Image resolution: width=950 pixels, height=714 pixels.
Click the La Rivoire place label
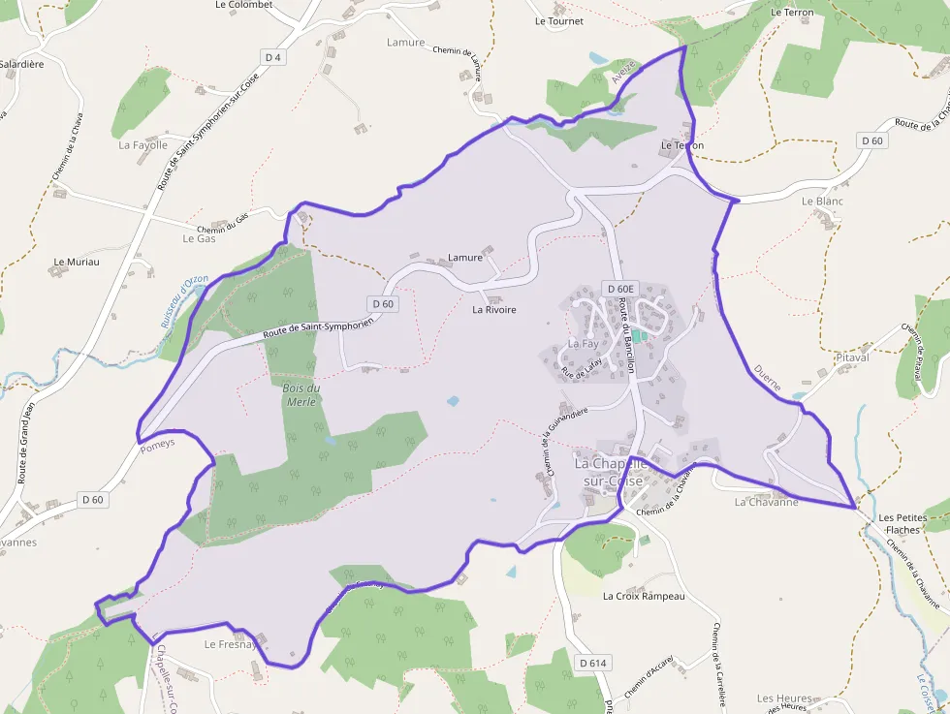pyautogui.click(x=494, y=310)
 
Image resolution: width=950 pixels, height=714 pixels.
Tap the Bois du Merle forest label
pyautogui.click(x=301, y=394)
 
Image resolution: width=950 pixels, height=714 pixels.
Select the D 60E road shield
pyautogui.click(x=618, y=289)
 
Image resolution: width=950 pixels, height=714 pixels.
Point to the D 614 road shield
pyautogui.click(x=592, y=663)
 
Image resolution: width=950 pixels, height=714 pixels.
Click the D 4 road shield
pyautogui.click(x=275, y=58)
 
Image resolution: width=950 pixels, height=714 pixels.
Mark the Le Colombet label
pyautogui.click(x=243, y=5)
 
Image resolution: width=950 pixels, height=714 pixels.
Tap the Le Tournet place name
pyautogui.click(x=559, y=20)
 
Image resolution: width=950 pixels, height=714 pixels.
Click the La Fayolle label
pyautogui.click(x=142, y=145)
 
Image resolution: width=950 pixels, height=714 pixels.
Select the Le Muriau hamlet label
pyautogui.click(x=74, y=262)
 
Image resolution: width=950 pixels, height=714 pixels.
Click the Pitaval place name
pyautogui.click(x=852, y=357)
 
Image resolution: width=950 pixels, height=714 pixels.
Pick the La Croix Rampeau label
pyautogui.click(x=644, y=596)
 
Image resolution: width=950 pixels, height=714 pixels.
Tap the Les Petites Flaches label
pyautogui.click(x=902, y=524)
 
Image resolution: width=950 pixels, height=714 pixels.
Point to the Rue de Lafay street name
pyautogui.click(x=582, y=366)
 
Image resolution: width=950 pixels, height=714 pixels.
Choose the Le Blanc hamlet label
pyautogui.click(x=822, y=202)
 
